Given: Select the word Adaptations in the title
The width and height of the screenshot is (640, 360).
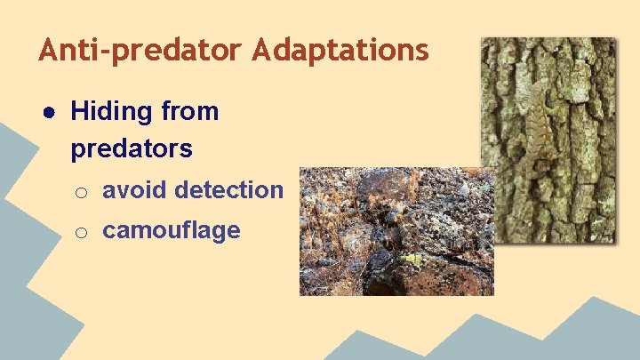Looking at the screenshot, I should (x=340, y=51).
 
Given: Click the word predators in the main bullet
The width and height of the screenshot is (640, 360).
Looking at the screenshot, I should (x=132, y=148).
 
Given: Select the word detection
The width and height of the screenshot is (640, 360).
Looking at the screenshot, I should (x=229, y=189).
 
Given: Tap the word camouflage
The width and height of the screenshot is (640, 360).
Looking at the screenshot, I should (x=172, y=230).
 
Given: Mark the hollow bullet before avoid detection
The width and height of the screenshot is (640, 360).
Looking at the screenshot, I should (x=80, y=191).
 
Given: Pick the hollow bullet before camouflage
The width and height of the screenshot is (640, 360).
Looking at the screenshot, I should (x=80, y=232).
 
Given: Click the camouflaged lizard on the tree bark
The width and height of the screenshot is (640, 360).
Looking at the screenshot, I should (x=538, y=133).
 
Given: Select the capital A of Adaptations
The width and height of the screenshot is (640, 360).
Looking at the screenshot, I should (x=260, y=51).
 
